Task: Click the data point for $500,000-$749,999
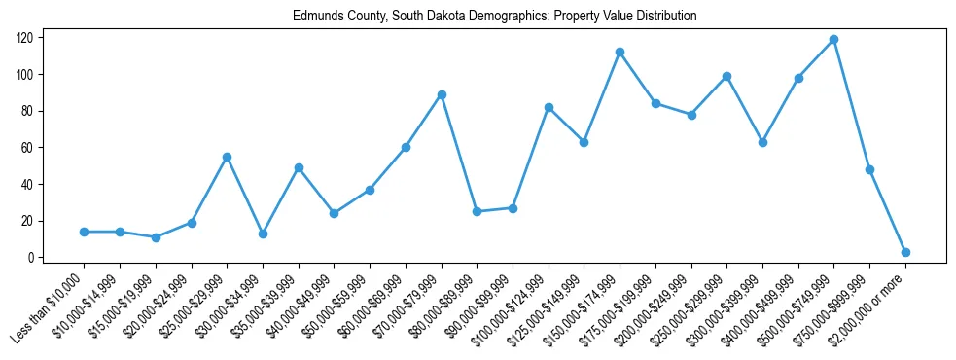[834, 40]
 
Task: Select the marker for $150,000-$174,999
[620, 53]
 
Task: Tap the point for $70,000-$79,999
[442, 94]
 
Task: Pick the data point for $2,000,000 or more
[905, 252]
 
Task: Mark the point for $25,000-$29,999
[227, 157]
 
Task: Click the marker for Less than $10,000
[85, 232]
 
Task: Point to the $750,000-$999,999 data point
[869, 169]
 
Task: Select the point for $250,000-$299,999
[726, 76]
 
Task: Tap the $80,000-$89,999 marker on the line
[477, 211]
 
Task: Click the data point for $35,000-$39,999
[299, 167]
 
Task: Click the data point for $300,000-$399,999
[762, 142]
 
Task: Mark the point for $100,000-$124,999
[549, 107]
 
